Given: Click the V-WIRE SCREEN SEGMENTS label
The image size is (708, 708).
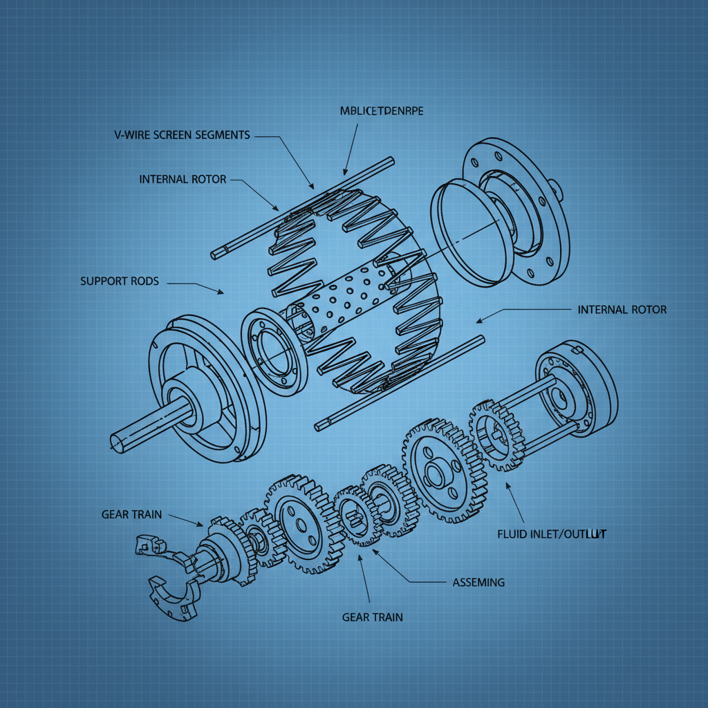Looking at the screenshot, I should coord(181,135).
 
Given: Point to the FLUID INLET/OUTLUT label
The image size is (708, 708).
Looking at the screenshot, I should coord(552,534).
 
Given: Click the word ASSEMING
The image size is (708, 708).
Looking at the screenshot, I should coord(478,582).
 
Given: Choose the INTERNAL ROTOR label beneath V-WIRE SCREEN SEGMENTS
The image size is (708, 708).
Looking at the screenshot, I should coord(183,179).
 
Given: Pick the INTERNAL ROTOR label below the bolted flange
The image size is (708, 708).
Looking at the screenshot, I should coord(622,309).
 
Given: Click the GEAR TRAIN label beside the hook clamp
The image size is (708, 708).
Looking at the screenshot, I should coord(131,514).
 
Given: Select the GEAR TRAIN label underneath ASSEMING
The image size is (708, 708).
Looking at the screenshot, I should coord(372,617).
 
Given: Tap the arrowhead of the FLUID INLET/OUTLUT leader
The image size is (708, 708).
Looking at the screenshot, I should coord(507,485).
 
